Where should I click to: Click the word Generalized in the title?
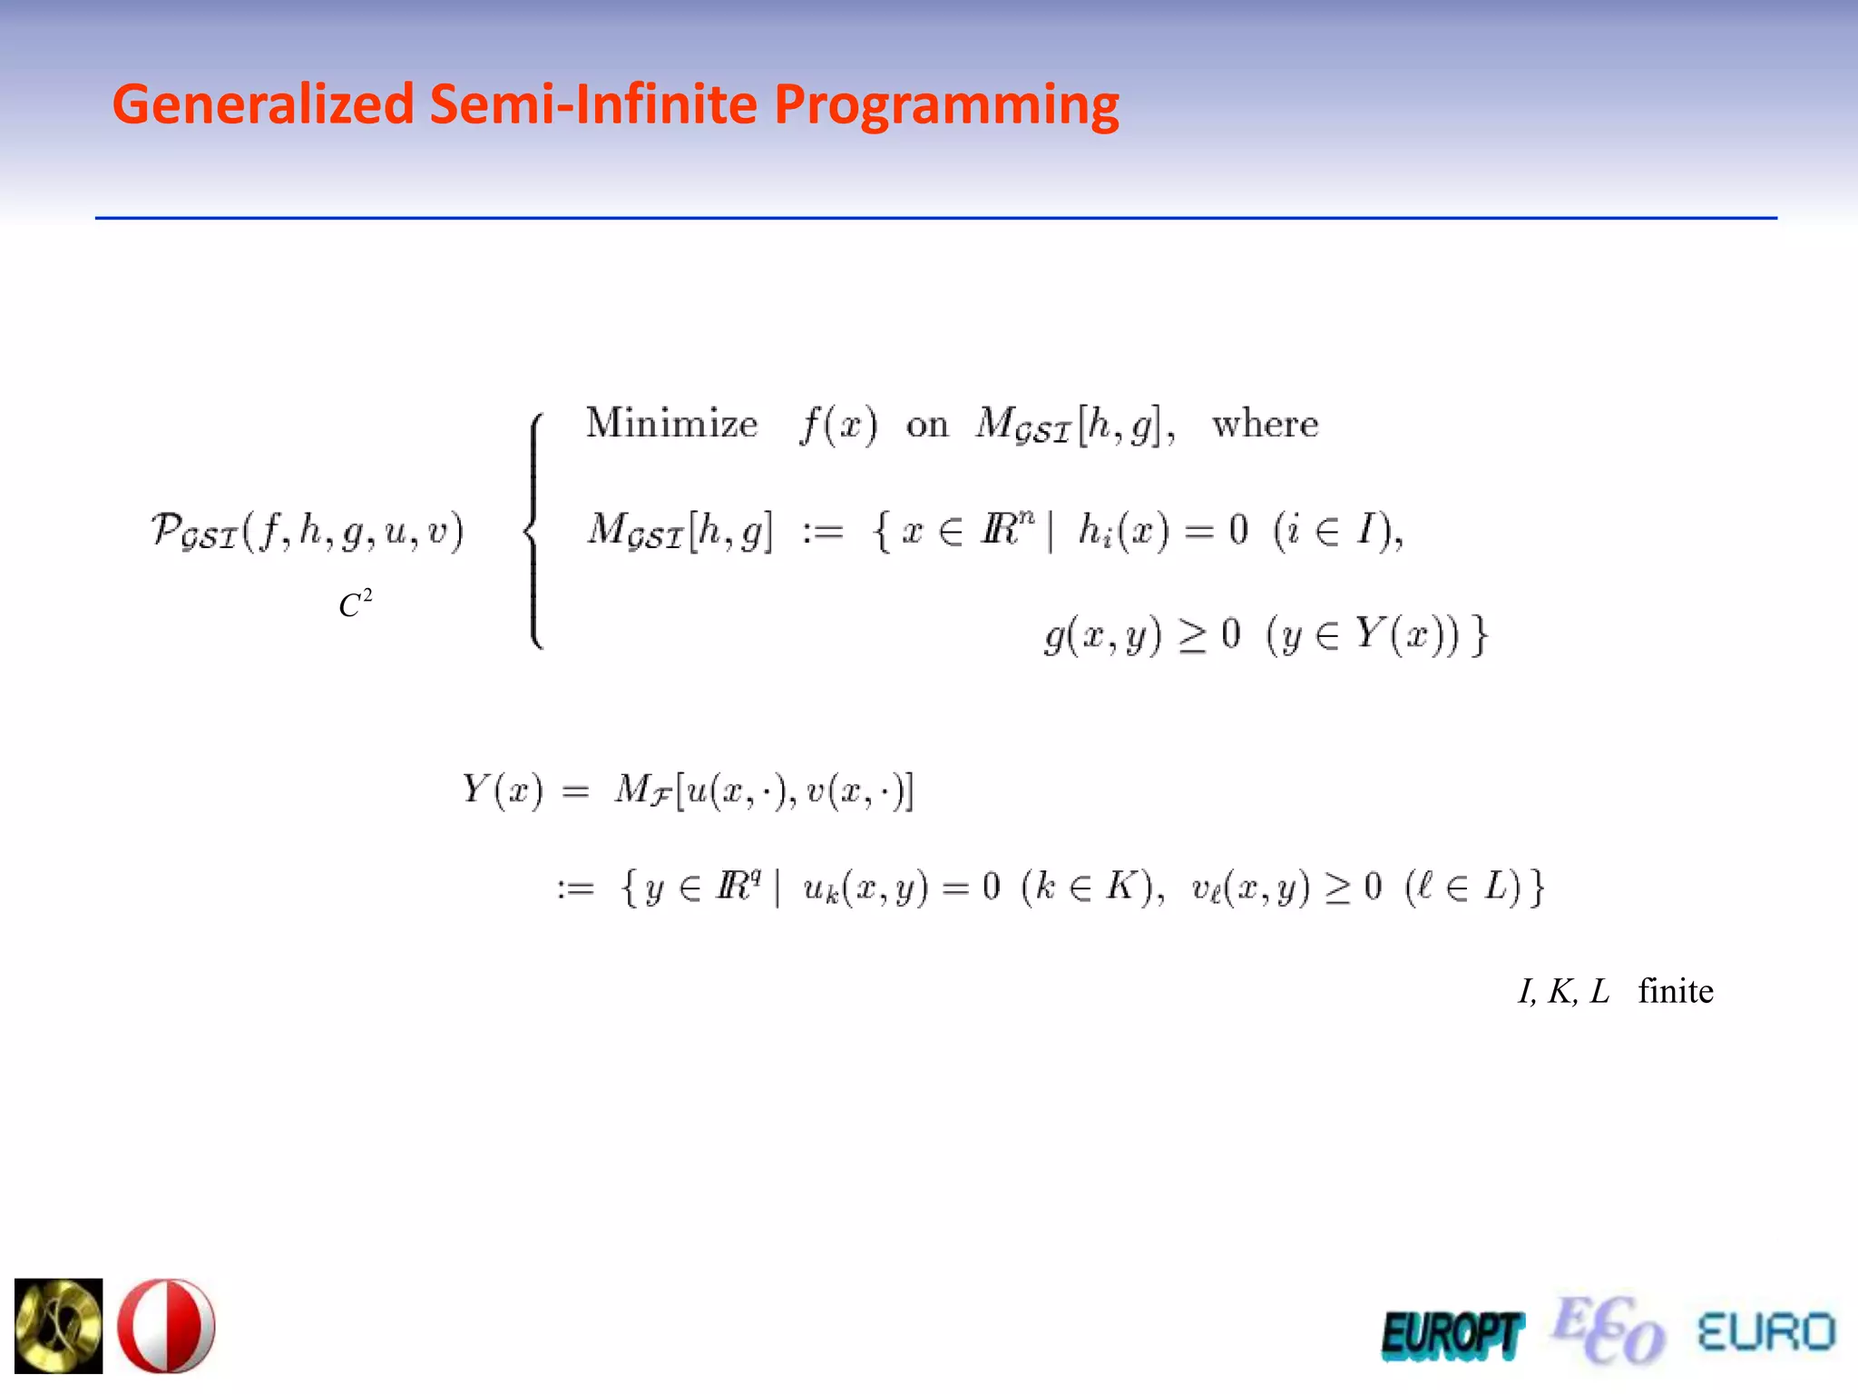click(x=263, y=104)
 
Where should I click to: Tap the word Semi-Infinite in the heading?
click(x=593, y=104)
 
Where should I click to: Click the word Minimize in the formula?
click(x=671, y=424)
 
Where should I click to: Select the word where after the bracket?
click(x=1265, y=424)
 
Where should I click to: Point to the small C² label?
click(x=355, y=604)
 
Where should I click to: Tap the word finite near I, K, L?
click(x=1675, y=991)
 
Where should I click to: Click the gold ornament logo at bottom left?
click(x=59, y=1325)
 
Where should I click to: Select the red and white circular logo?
click(x=167, y=1325)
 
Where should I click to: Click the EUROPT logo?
click(x=1451, y=1334)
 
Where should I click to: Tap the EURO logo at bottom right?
click(x=1765, y=1332)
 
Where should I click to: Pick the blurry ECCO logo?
click(x=1608, y=1330)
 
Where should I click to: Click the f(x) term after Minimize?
click(x=838, y=425)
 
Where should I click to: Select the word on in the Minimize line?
click(x=926, y=425)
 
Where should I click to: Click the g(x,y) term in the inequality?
click(x=1102, y=634)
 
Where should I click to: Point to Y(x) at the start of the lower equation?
click(x=502, y=790)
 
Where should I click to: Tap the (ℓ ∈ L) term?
click(x=1462, y=887)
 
